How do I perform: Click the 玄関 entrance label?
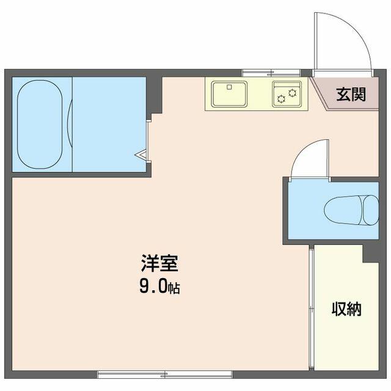coord(351,94)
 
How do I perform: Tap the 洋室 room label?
coord(159,263)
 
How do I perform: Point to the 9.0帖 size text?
coord(159,287)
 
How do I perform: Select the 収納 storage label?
coord(346,309)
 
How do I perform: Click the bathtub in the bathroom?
coord(40,125)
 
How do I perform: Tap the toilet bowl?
coord(343,210)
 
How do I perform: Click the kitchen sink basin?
coord(230,93)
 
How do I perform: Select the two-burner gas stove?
coord(287,93)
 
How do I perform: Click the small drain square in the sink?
coord(230,87)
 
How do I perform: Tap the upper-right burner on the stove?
coord(292,93)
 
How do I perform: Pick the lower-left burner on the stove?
coord(282,99)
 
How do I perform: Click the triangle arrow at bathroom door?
coord(141,155)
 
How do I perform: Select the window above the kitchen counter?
coord(271,73)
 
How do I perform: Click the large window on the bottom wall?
coord(165,375)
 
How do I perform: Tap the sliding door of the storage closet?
coord(311,309)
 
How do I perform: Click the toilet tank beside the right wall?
coord(371,210)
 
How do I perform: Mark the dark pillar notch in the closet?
coord(371,254)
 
